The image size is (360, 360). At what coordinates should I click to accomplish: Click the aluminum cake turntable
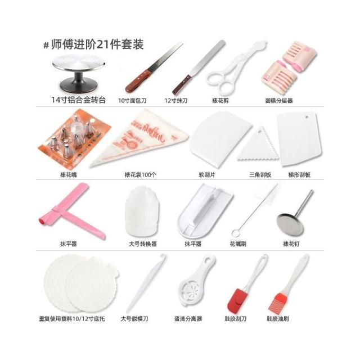click(x=79, y=74)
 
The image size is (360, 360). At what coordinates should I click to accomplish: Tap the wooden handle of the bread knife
click(x=138, y=82)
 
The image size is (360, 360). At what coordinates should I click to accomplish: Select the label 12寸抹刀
click(x=176, y=100)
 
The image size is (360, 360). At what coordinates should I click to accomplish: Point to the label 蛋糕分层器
click(x=279, y=100)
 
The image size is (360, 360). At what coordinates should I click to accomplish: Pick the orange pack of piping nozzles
click(x=74, y=137)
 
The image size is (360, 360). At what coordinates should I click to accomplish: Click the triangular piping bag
click(x=139, y=137)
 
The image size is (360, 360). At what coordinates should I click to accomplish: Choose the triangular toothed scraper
click(x=258, y=144)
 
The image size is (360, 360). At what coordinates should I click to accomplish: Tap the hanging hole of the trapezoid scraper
click(x=307, y=117)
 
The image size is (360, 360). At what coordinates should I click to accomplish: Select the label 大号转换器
click(x=142, y=244)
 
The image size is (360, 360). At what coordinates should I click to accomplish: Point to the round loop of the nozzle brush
click(x=236, y=233)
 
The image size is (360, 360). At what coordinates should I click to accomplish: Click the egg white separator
click(x=195, y=281)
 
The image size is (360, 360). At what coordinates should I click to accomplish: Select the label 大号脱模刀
click(x=134, y=319)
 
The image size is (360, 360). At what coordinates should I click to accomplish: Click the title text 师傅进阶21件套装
click(x=97, y=44)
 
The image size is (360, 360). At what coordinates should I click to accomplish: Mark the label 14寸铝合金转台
click(x=78, y=100)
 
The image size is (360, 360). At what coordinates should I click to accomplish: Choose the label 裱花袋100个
click(x=140, y=175)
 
